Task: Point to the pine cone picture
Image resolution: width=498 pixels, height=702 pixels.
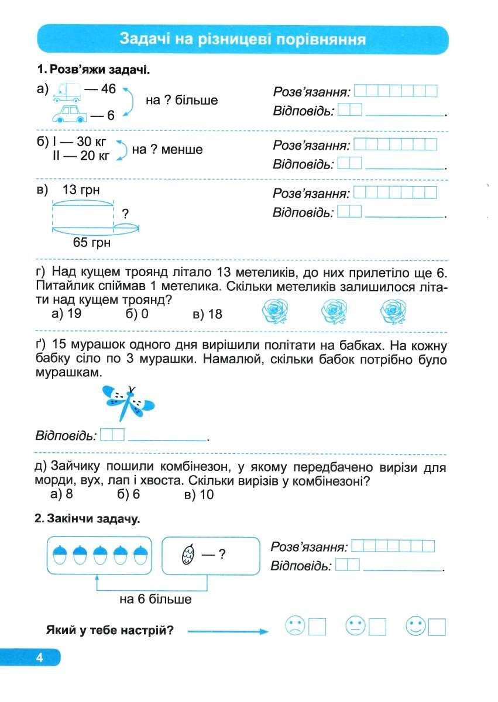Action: [187, 554]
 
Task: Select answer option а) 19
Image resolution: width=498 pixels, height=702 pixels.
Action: [66, 314]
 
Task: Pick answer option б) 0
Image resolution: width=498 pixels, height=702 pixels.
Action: [137, 314]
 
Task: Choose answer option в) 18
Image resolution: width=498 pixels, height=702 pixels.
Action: [207, 314]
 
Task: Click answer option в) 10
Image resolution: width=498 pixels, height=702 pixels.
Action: [199, 495]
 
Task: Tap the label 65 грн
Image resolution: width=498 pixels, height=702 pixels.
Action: [92, 242]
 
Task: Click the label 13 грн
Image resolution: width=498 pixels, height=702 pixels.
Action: [81, 190]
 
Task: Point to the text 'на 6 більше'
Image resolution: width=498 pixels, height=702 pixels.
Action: [155, 600]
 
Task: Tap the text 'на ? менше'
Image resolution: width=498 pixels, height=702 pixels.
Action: [167, 150]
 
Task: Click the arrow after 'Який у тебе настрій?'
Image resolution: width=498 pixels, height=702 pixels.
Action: [227, 631]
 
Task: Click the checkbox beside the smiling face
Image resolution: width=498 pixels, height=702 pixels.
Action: [437, 627]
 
